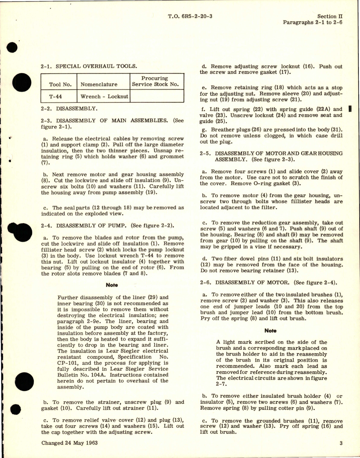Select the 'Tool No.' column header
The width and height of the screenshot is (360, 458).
[x=59, y=84]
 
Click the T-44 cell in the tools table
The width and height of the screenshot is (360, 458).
[x=55, y=96]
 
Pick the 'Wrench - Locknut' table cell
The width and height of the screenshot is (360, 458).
[x=104, y=96]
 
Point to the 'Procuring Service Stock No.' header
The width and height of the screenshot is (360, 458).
[x=155, y=81]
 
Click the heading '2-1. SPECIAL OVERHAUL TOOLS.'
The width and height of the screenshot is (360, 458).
[x=89, y=66]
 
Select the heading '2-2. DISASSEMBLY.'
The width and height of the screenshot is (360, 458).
[x=69, y=108]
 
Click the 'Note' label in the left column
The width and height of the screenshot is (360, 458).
[x=112, y=285]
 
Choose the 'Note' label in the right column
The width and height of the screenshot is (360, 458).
[x=270, y=331]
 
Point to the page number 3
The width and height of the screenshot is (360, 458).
[x=341, y=443]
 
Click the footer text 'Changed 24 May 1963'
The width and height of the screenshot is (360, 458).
[x=69, y=443]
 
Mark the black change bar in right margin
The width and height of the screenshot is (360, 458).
[x=350, y=109]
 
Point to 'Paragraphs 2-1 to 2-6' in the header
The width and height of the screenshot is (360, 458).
[x=312, y=22]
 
